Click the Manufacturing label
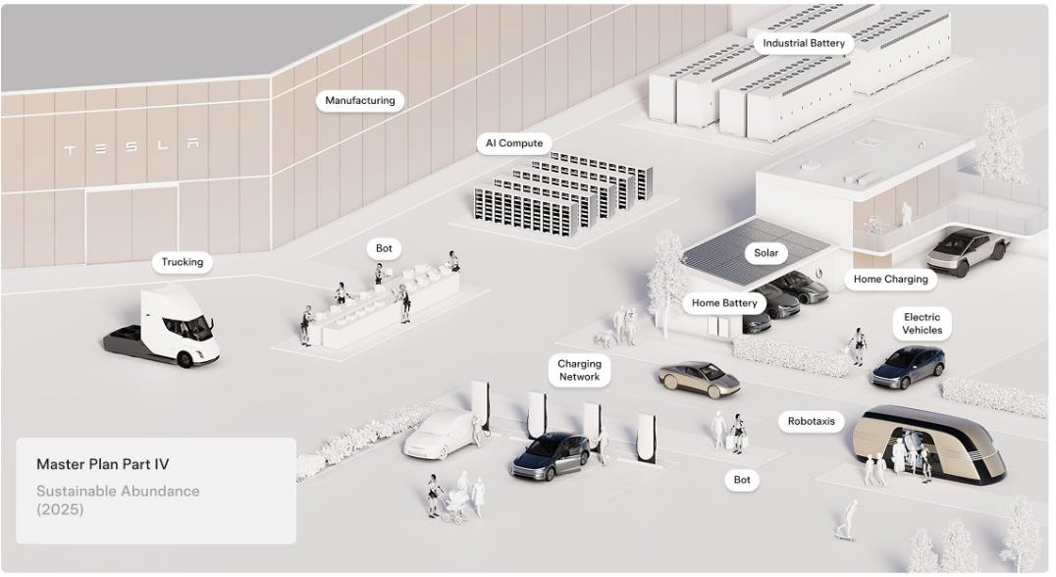point(359,100)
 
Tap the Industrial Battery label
point(804,43)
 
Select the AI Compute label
point(513,143)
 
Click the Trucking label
point(182,262)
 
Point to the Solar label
point(766,253)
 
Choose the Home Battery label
point(724,303)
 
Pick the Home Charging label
point(890,279)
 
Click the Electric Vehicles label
point(922,324)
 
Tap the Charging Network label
point(579,370)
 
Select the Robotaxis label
point(811,421)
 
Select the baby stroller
point(454,505)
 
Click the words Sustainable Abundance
point(118,491)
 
